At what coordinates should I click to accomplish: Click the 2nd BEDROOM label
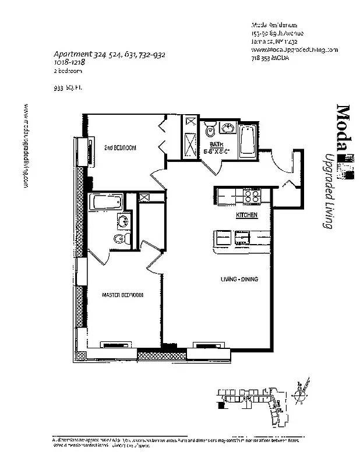(x=120, y=148)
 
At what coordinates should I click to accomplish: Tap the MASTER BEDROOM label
(x=122, y=295)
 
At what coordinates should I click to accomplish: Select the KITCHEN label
(x=246, y=216)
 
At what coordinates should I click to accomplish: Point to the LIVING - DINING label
(x=239, y=280)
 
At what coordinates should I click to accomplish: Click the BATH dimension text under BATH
(x=217, y=151)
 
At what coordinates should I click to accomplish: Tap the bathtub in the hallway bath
(x=247, y=141)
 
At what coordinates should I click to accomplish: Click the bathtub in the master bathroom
(x=106, y=203)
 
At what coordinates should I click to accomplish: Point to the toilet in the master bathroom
(x=119, y=239)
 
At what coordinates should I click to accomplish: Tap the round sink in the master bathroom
(x=123, y=220)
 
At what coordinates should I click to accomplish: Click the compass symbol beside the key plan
(x=302, y=397)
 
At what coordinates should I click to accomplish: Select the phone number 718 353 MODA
(x=271, y=58)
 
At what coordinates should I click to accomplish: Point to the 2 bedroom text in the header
(x=68, y=71)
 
